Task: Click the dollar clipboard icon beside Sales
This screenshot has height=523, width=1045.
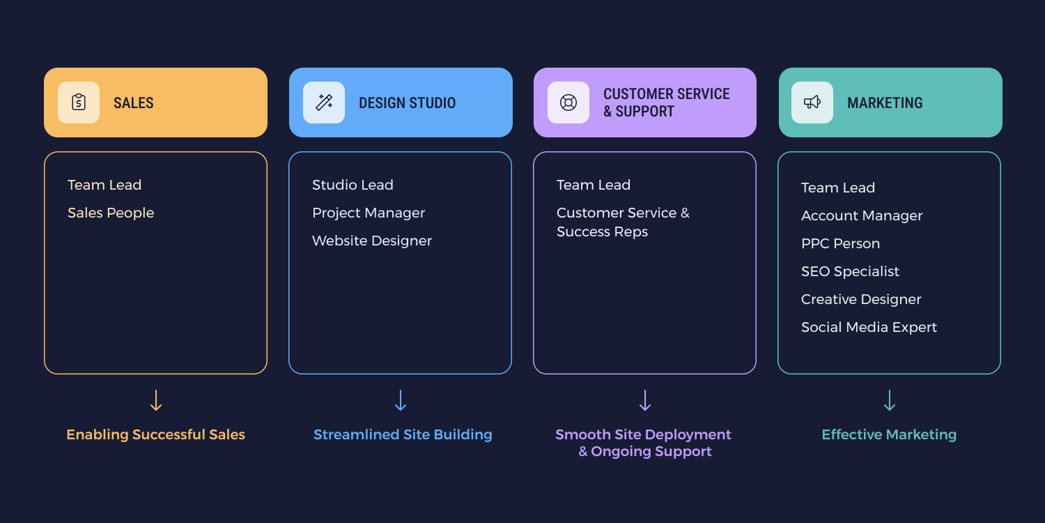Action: pyautogui.click(x=79, y=103)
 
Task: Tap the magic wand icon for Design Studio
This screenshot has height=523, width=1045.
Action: pyautogui.click(x=324, y=103)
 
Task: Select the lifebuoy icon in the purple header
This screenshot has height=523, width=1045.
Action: pyautogui.click(x=568, y=103)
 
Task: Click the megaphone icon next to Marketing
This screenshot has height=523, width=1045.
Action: pyautogui.click(x=812, y=103)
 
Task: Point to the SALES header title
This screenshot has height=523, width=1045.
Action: pyautogui.click(x=134, y=103)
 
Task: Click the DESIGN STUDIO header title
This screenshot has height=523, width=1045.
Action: pyautogui.click(x=407, y=103)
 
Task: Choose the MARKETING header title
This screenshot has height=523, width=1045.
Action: pyautogui.click(x=885, y=103)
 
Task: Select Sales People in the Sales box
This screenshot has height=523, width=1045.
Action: pyautogui.click(x=111, y=213)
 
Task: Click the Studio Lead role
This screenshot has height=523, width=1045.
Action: pyautogui.click(x=353, y=185)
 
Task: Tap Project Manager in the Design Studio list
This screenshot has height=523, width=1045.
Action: pyautogui.click(x=369, y=213)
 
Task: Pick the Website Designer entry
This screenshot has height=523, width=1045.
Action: pyautogui.click(x=372, y=241)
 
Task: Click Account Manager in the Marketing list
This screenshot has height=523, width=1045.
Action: pyautogui.click(x=862, y=215)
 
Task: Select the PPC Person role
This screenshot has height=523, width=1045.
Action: pyautogui.click(x=840, y=243)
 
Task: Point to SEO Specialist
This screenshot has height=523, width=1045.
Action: pyautogui.click(x=850, y=271)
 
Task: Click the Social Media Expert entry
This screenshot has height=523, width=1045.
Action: pyautogui.click(x=869, y=327)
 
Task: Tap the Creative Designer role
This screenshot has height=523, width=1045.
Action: pyautogui.click(x=861, y=299)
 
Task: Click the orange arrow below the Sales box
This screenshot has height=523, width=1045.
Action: pyautogui.click(x=156, y=400)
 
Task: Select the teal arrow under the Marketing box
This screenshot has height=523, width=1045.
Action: pyautogui.click(x=890, y=400)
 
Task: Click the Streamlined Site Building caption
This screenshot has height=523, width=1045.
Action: pyautogui.click(x=403, y=434)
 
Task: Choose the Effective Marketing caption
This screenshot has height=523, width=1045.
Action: pyautogui.click(x=889, y=434)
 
